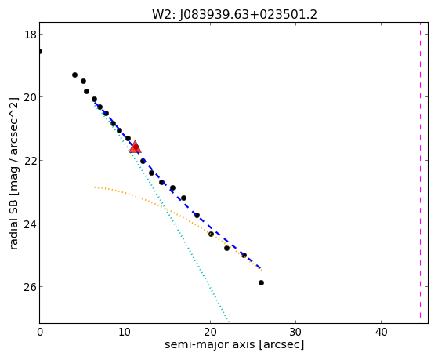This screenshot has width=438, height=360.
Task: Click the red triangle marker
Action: (x=136, y=147)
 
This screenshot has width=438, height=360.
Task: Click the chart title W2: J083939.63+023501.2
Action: (x=234, y=15)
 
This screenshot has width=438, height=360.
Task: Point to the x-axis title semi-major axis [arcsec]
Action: (x=234, y=344)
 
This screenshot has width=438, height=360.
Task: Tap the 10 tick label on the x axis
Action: (x=125, y=332)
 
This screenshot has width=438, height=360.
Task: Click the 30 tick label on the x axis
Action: (x=295, y=332)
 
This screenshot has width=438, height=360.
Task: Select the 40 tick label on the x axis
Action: (x=381, y=332)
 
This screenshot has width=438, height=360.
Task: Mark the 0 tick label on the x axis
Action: (x=40, y=332)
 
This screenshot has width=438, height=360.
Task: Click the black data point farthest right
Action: (x=261, y=283)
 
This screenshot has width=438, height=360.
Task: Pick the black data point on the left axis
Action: (x=40, y=52)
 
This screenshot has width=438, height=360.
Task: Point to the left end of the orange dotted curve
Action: (x=95, y=187)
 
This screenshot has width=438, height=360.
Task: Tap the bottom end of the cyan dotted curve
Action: (x=229, y=322)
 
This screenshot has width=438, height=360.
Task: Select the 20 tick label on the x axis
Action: (x=210, y=332)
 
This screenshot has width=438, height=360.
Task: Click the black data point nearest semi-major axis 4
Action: (x=74, y=75)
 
